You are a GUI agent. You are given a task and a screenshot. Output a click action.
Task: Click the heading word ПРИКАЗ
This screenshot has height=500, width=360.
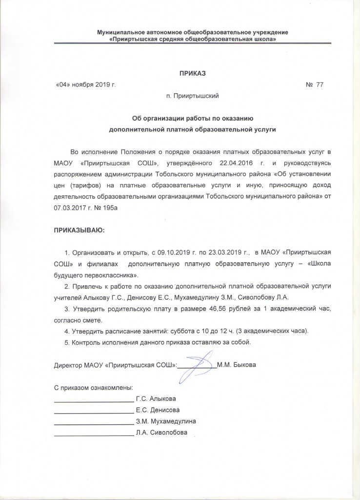click(193, 74)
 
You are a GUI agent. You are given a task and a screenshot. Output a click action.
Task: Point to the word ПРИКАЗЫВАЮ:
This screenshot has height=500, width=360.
click(79, 229)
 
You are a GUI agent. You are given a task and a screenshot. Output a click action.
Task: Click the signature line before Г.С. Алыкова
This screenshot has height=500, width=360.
click(93, 400)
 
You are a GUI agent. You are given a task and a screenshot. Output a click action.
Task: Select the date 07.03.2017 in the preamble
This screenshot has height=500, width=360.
click(70, 208)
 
